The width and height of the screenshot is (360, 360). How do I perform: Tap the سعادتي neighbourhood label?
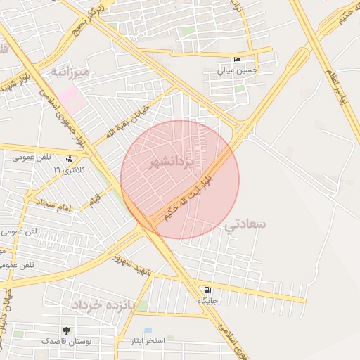point(245,224)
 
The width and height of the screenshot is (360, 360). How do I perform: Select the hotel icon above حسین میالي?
point(236,60)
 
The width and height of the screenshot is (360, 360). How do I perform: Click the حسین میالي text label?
point(237,70)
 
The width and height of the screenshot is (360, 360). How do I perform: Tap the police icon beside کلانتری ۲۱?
point(69,160)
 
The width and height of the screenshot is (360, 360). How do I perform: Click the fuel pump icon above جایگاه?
point(207,290)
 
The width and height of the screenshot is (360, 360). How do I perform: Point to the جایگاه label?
point(207,300)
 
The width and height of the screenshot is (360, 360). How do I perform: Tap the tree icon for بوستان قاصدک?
point(66,330)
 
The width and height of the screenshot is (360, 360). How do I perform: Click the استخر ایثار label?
point(148,341)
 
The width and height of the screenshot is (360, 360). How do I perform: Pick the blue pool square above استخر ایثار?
point(148,330)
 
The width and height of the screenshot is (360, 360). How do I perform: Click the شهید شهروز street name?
point(134,266)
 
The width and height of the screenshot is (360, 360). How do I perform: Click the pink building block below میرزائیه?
point(72,98)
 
